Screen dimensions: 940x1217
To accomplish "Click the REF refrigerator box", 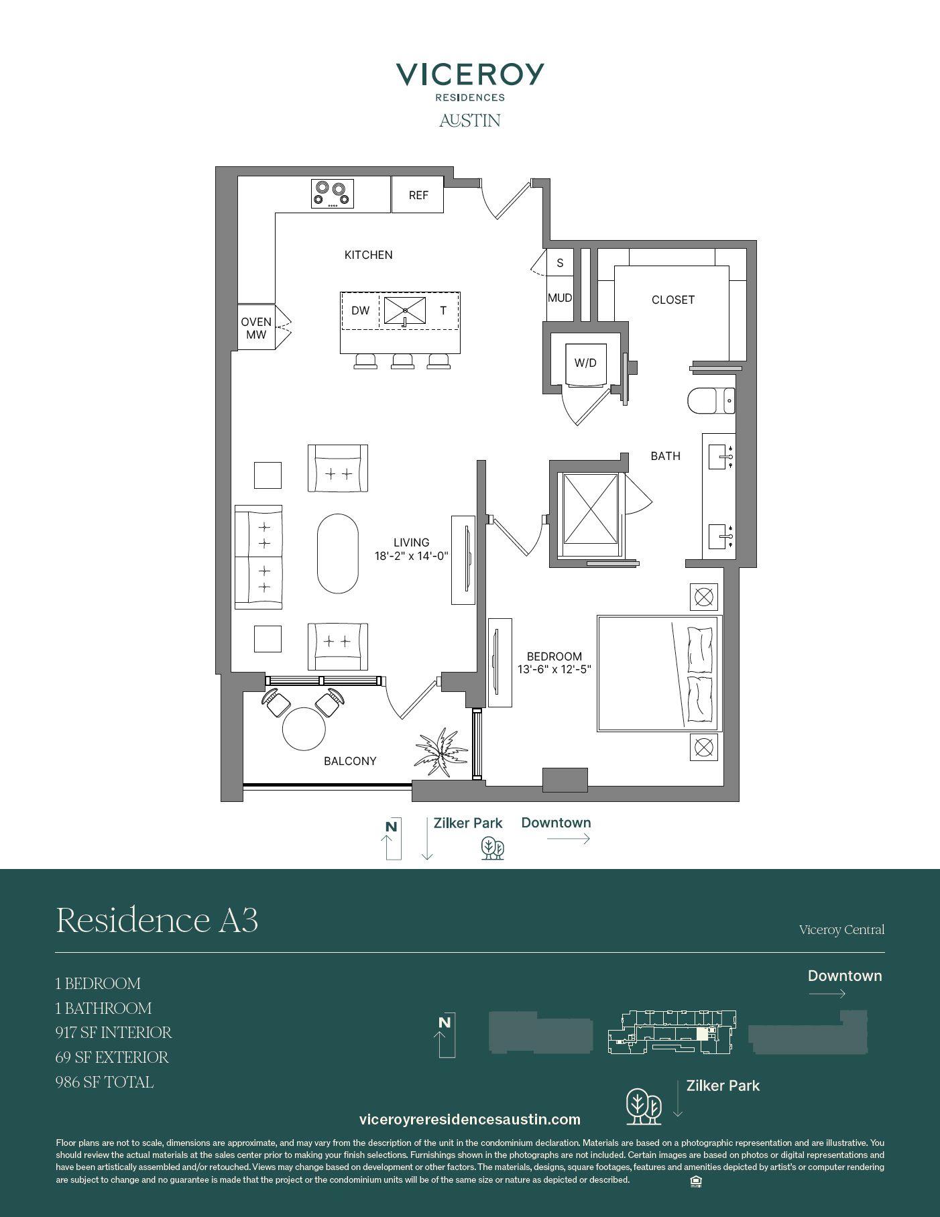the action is (417, 194).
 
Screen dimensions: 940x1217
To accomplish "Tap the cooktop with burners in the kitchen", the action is (333, 194).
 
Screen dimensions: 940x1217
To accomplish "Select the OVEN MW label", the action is (256, 328).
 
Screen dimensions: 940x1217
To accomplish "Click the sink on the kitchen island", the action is (404, 311).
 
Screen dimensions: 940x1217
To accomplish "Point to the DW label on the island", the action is (361, 310).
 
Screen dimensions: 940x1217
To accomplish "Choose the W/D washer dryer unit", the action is (585, 364).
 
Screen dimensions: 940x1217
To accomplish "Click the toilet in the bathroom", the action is (711, 401).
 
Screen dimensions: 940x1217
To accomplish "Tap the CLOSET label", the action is (673, 300).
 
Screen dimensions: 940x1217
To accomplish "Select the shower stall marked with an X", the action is (590, 509).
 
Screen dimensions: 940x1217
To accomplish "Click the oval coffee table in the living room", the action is (338, 554).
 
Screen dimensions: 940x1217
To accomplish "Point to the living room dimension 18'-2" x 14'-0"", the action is (411, 556).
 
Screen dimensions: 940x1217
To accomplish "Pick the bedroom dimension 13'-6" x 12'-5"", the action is (554, 669).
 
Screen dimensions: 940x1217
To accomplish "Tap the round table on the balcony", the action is (304, 728).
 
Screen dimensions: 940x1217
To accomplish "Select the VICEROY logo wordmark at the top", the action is (470, 74).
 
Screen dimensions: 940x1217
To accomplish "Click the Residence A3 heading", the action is (157, 919).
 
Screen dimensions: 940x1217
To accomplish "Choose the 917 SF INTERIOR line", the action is (114, 1033).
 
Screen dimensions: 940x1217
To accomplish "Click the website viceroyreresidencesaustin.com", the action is (470, 1119).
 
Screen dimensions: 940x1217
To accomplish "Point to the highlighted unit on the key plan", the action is (702, 1033).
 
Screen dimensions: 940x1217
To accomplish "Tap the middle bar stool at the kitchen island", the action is (402, 361).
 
